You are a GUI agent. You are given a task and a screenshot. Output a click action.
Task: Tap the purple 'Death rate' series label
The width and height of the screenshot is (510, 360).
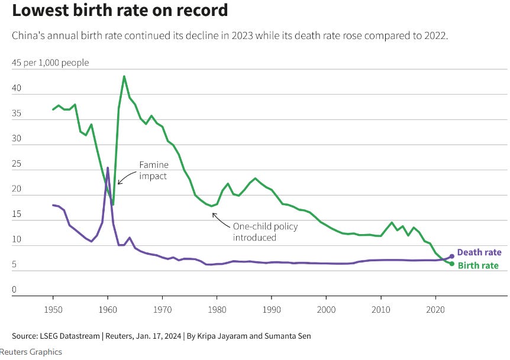click(479, 252)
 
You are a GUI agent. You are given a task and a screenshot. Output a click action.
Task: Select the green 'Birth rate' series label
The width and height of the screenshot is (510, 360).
click(478, 265)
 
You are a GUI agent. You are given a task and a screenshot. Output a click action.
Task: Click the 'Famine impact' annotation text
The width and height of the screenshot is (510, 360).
click(153, 171)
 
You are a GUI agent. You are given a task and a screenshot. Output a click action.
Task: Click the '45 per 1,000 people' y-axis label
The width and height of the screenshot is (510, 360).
click(50, 63)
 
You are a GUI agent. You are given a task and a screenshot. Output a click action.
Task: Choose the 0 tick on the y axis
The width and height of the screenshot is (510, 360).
click(14, 290)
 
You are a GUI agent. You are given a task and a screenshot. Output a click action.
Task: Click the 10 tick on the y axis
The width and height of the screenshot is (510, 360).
click(17, 239)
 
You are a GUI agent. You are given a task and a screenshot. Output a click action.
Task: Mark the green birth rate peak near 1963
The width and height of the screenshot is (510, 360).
click(124, 76)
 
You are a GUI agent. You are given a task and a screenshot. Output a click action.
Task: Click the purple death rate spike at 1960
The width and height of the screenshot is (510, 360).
click(108, 168)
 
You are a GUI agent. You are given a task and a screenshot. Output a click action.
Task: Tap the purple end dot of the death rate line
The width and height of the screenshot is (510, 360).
click(452, 256)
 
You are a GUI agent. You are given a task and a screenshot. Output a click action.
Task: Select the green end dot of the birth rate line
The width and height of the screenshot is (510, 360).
click(452, 264)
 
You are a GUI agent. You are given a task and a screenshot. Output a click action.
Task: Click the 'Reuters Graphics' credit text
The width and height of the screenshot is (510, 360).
click(31, 352)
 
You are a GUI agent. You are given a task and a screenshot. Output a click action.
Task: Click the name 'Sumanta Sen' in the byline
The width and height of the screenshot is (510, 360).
click(289, 336)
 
